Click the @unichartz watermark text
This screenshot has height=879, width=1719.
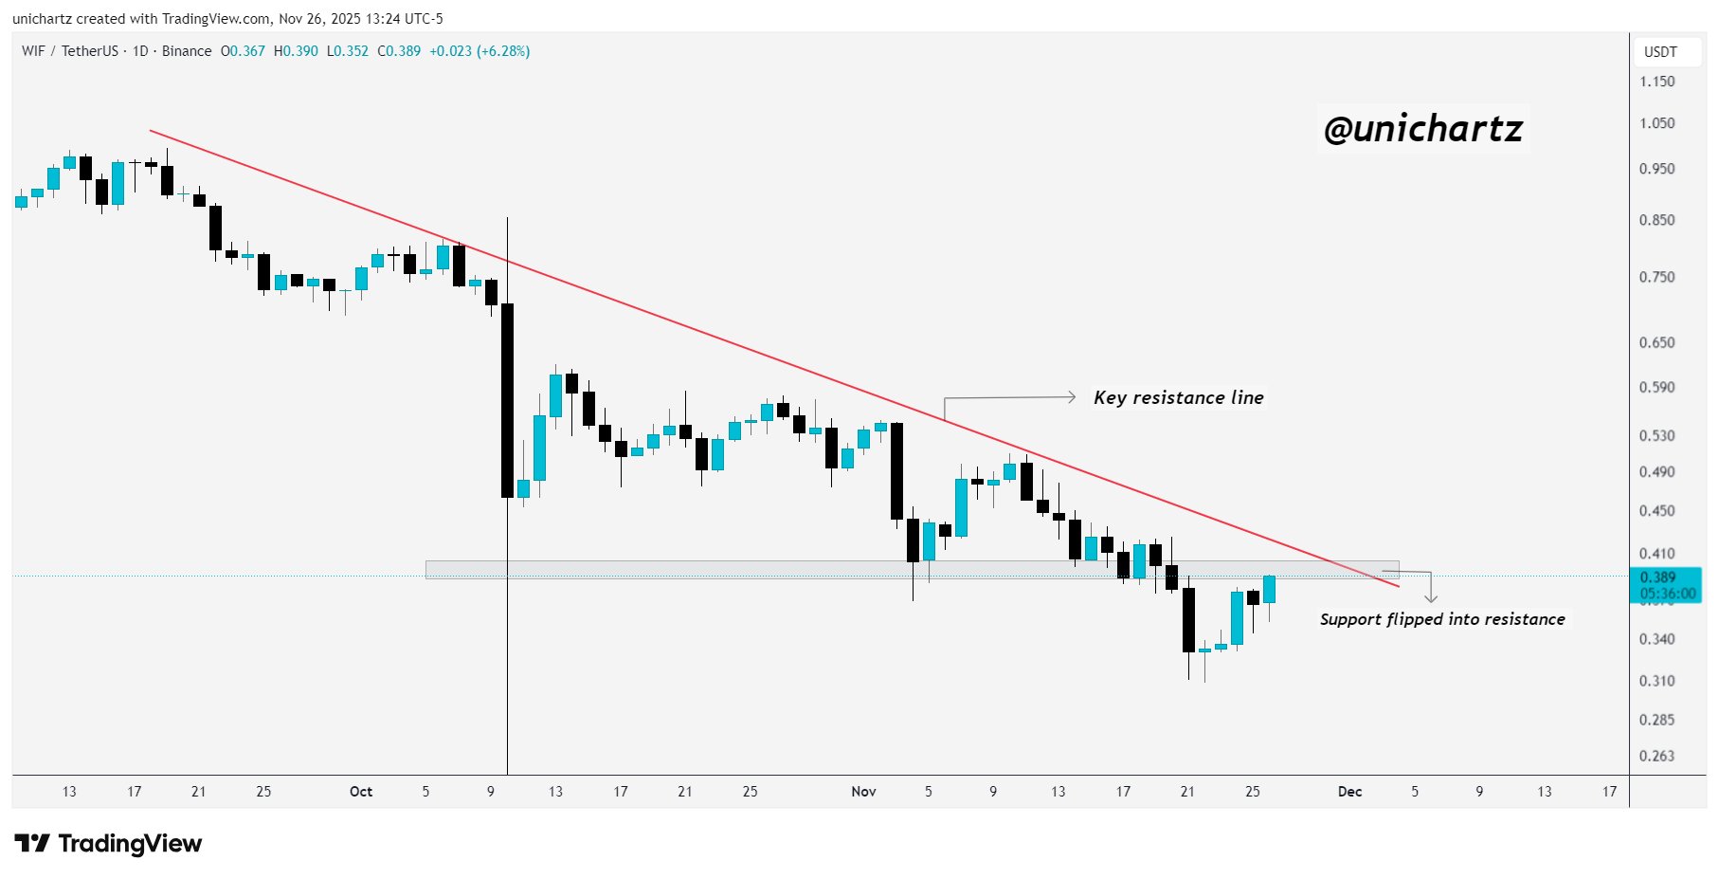1422,129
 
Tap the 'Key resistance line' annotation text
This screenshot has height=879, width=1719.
1178,397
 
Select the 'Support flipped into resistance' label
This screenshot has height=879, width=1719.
1441,619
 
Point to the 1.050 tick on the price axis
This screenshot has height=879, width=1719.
1656,123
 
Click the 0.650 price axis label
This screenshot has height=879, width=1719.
1656,342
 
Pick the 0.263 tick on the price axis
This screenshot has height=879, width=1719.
1656,756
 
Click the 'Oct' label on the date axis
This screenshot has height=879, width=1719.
361,791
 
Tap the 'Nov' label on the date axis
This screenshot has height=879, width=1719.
863,791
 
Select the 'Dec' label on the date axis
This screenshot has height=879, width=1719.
1349,791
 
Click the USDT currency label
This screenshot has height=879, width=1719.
1660,52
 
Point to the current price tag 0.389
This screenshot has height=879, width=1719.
1657,577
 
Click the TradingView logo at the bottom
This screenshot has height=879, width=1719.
108,843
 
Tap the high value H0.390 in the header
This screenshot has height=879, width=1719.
296,51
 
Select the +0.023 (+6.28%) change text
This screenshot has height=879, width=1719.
480,51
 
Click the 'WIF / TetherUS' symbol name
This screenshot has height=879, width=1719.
70,51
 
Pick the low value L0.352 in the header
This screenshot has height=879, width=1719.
347,51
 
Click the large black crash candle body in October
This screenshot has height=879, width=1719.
507,398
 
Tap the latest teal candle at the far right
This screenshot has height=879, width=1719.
1269,589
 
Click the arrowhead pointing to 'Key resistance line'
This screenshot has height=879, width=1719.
1072,396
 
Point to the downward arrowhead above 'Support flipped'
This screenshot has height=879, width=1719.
1431,597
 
